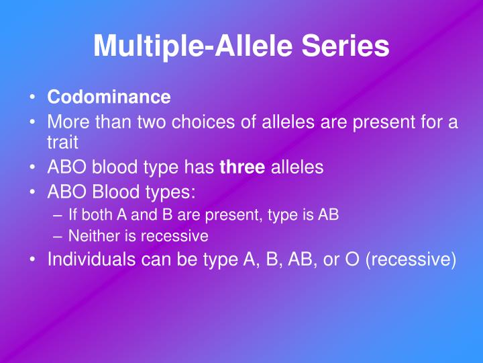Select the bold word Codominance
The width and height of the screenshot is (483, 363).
109,97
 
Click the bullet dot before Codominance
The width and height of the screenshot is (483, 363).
32,97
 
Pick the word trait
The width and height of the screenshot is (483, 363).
62,143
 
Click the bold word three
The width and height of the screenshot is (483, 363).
242,167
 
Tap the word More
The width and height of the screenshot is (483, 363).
68,123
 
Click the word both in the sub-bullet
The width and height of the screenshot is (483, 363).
93,214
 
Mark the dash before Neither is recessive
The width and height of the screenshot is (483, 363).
57,236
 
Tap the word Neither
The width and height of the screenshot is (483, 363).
92,236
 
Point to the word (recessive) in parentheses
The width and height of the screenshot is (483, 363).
411,259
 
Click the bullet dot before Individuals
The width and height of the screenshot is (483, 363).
32,259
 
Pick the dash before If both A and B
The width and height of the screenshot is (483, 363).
57,214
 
